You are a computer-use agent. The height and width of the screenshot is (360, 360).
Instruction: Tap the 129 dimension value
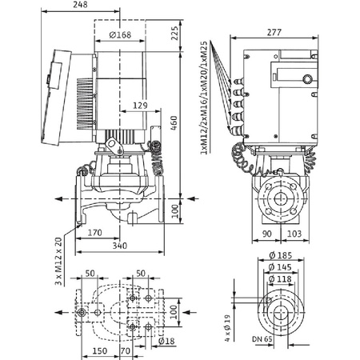140,105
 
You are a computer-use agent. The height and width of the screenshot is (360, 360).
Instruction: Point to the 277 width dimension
274,31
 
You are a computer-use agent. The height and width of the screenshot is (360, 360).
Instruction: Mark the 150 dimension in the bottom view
100,350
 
